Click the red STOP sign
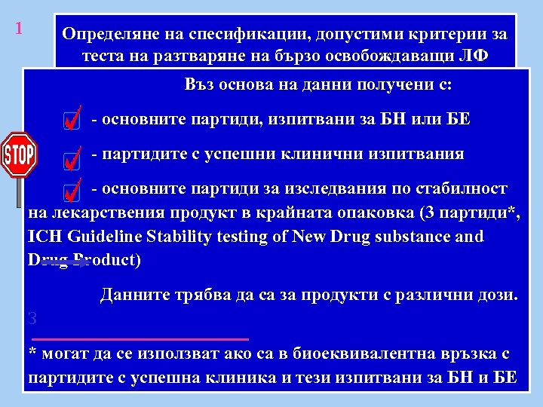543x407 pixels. point(19,155)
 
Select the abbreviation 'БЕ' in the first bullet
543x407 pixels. point(457,119)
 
